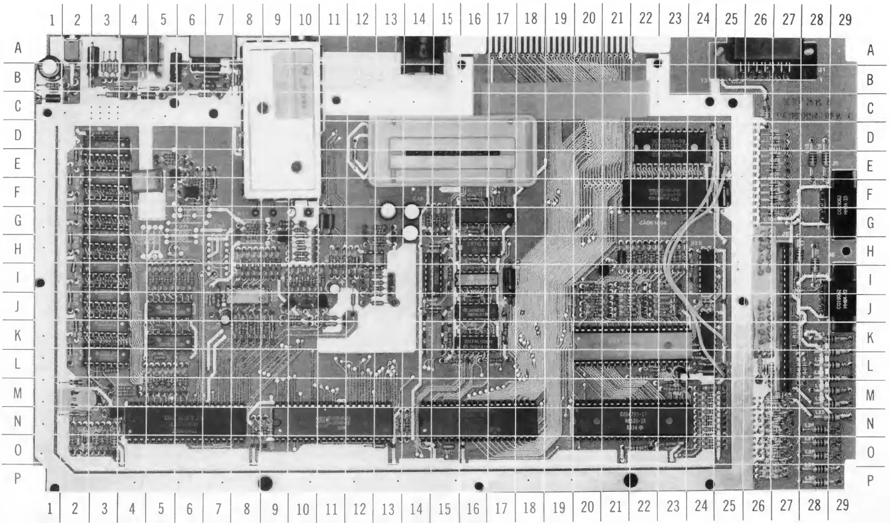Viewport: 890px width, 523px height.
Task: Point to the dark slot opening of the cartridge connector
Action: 453,153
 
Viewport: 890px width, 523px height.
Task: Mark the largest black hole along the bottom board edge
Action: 631,480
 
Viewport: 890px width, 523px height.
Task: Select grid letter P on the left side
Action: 18,478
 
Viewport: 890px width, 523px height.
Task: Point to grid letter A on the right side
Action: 870,51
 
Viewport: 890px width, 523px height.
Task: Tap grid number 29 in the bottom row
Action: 842,505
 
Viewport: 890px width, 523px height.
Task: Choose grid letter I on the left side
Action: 18,278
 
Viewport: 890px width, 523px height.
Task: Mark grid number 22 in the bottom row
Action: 644,506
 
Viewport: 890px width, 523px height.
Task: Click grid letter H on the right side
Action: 870,251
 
